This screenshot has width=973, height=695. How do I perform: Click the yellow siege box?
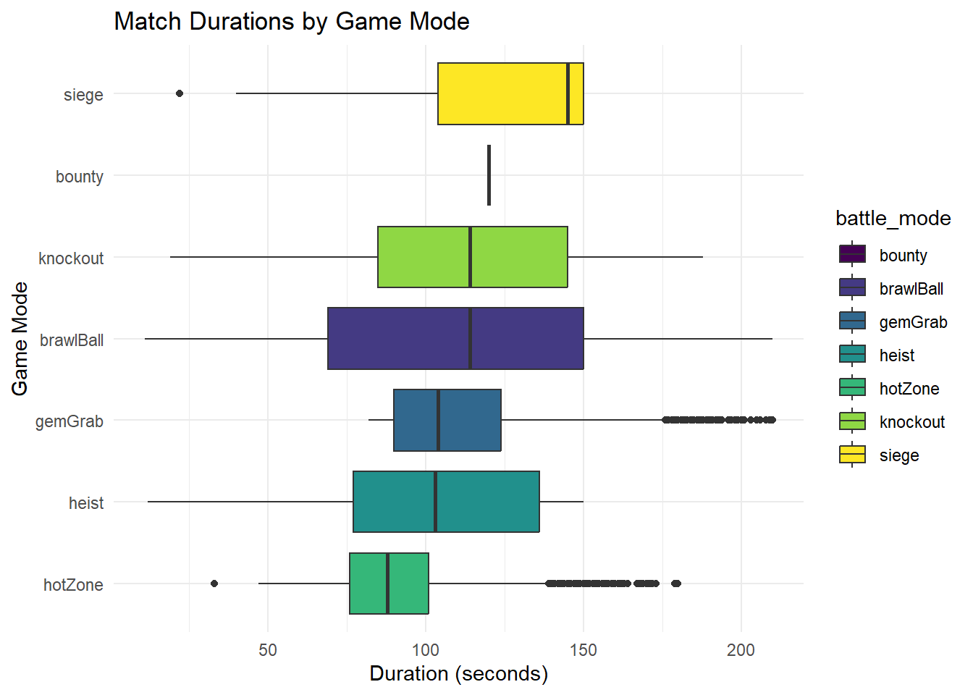click(x=510, y=94)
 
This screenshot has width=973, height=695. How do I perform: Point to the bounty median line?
click(x=489, y=175)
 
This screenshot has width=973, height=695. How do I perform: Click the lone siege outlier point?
click(x=180, y=93)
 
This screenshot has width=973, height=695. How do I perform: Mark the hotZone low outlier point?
click(x=214, y=584)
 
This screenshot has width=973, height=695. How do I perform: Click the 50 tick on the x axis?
click(x=268, y=649)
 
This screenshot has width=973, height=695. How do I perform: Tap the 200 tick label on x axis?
click(x=741, y=649)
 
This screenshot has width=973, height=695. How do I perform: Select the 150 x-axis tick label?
click(x=583, y=649)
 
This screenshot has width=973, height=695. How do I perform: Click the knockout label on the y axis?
click(x=71, y=258)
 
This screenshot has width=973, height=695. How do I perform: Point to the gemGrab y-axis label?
click(x=69, y=421)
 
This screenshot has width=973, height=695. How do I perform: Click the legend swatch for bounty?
click(x=852, y=254)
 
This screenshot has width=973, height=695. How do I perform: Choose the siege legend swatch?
click(x=852, y=454)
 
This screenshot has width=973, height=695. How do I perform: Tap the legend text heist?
click(x=896, y=355)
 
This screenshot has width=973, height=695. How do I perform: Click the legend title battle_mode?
click(x=893, y=219)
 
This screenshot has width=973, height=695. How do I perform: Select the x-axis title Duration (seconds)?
click(x=458, y=674)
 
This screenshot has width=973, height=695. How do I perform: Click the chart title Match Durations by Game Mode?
click(x=292, y=22)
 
